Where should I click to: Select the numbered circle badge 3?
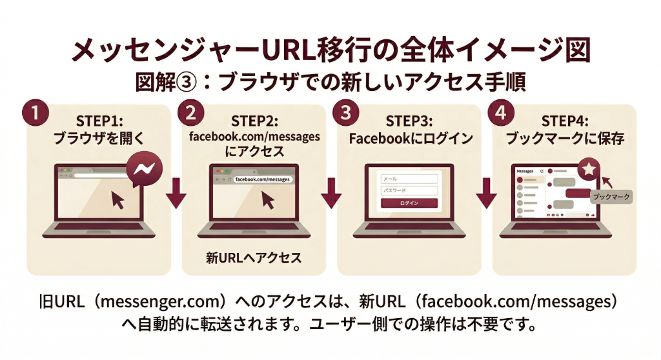coord(346,112)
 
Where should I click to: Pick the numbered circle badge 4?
coord(501,112)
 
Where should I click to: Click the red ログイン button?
coord(409,203)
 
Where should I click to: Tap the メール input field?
coord(409,179)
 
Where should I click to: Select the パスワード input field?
coord(409,191)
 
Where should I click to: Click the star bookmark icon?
coord(589,170)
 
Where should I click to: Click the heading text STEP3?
coord(409,121)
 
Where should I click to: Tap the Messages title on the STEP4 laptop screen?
coord(525,172)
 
